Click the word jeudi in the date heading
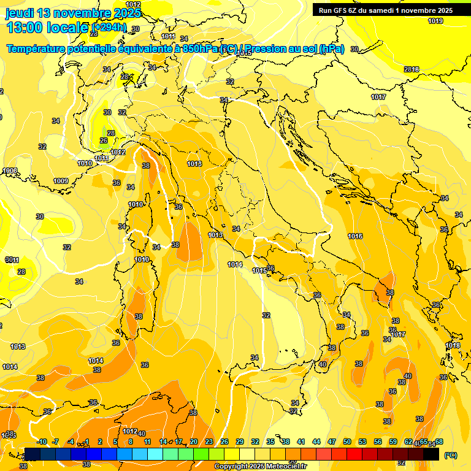coord(20,13)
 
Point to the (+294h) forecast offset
coord(109,28)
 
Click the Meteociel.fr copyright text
coord(259,466)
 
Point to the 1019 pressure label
coord(435,21)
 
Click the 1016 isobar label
coord(355,236)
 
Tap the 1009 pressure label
coord(61,181)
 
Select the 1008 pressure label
coord(10,170)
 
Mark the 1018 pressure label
coord(453,345)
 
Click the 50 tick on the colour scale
coord(347,442)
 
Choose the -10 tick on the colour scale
coord(42,442)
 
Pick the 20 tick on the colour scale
coord(194,442)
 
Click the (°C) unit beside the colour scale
coord(450,455)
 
